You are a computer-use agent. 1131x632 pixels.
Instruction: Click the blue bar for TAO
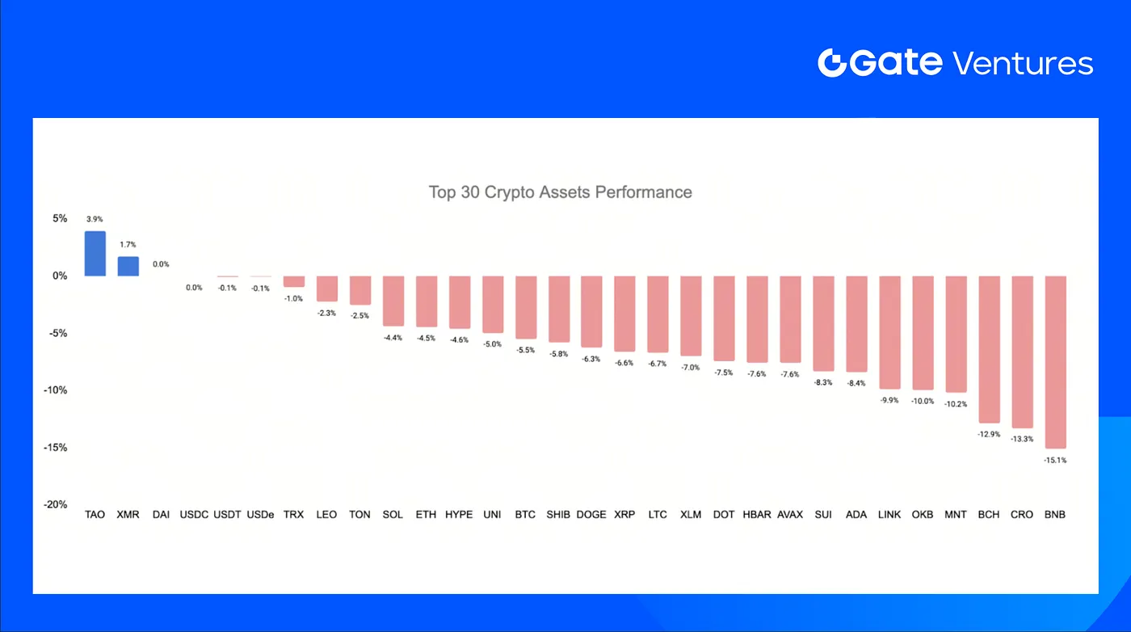[x=95, y=254]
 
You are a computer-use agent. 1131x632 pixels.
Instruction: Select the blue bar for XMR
[x=128, y=266]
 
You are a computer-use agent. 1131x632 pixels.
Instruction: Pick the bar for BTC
[x=526, y=307]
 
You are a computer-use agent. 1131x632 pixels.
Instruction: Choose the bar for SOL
[x=393, y=301]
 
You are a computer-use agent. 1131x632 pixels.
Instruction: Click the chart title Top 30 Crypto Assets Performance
[x=560, y=192]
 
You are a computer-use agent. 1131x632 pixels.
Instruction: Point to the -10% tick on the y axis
[x=56, y=390]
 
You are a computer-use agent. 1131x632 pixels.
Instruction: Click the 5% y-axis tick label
[x=60, y=218]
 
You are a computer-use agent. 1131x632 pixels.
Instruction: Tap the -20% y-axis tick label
[x=56, y=505]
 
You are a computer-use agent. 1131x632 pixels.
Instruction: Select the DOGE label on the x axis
[x=591, y=514]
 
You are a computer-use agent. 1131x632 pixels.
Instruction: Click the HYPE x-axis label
[x=459, y=514]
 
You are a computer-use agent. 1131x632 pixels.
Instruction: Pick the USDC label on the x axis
[x=194, y=514]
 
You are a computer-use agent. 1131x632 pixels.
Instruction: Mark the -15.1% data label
[x=1055, y=460]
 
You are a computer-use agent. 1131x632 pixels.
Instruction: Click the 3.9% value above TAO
[x=95, y=219]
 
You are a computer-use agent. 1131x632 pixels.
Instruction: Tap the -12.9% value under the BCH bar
[x=989, y=435]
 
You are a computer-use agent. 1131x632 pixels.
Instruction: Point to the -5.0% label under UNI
[x=492, y=344]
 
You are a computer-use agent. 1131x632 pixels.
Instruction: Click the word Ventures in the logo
[x=1023, y=63]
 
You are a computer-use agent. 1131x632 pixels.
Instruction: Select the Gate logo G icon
[x=832, y=63]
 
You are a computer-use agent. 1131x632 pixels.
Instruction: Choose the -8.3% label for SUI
[x=823, y=382]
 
